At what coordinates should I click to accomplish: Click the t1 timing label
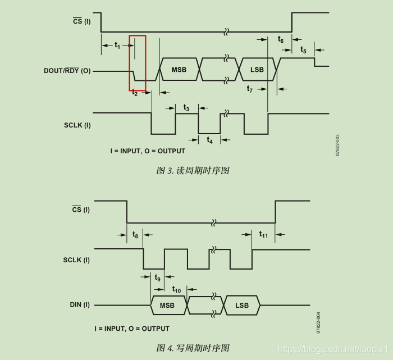(117, 45)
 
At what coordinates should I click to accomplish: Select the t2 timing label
(135, 93)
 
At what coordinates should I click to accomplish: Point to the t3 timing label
(186, 108)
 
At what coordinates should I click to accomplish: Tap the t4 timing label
(209, 140)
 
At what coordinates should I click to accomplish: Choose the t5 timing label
(303, 50)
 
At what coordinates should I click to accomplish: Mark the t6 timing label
(281, 39)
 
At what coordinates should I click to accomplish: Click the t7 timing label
(250, 89)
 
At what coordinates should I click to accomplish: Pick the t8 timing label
(135, 234)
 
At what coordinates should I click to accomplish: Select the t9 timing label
(158, 277)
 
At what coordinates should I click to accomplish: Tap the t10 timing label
(176, 289)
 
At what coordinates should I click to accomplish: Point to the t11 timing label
(263, 234)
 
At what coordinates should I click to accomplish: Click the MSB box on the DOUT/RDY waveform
(180, 70)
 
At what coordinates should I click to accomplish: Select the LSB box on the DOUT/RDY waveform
(257, 70)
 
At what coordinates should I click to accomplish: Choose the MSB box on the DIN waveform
(167, 306)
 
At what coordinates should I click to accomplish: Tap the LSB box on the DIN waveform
(242, 306)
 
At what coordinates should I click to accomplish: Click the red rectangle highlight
(138, 63)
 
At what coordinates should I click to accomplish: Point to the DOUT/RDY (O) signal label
(67, 71)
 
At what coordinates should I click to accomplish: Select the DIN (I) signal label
(80, 305)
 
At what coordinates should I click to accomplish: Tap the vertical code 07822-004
(318, 322)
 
